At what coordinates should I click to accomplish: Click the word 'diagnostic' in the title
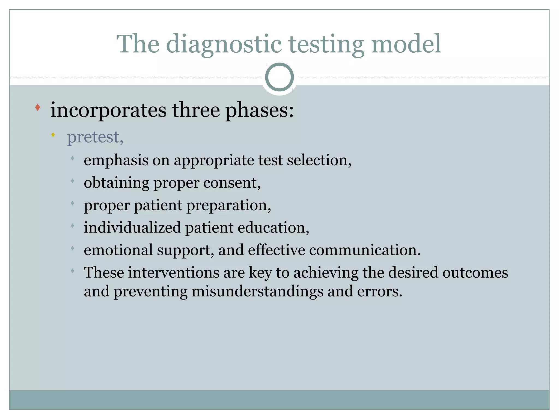click(224, 44)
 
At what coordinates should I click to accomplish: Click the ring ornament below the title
click(279, 77)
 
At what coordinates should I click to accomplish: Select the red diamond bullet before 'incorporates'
click(38, 107)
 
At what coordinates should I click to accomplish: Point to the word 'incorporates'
click(108, 110)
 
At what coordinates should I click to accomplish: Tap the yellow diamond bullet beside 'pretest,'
click(53, 135)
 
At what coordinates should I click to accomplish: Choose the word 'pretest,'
click(95, 137)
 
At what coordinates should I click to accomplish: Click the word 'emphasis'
click(116, 160)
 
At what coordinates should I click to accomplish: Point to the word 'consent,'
click(232, 183)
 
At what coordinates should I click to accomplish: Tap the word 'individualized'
click(132, 228)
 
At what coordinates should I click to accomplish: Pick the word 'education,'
click(273, 228)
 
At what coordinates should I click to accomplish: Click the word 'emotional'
click(118, 250)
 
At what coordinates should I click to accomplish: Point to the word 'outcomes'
click(475, 273)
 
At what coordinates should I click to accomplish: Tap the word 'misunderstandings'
click(257, 291)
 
